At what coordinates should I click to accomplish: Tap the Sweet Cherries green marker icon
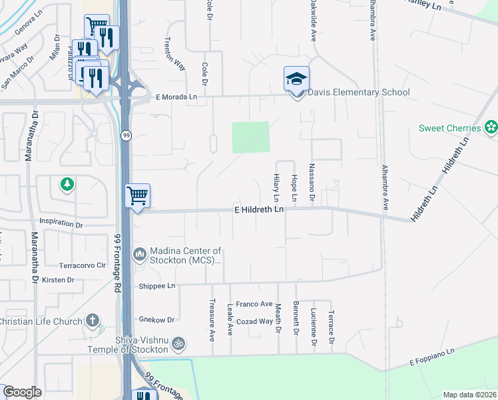coord(491,127)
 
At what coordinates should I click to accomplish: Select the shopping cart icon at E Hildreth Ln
coord(137,196)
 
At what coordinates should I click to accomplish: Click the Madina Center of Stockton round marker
coord(140,253)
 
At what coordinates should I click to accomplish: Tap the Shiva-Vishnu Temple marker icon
coord(178,343)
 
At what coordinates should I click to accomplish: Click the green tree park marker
coord(67,184)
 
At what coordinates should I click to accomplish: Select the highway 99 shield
coord(125,135)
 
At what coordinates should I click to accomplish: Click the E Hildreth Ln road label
coord(259,209)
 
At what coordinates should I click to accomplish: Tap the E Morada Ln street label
coord(176,97)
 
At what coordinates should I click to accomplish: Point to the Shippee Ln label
coord(156,286)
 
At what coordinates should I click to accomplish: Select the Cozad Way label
coord(254,321)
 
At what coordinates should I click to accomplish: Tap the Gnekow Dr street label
coord(156,320)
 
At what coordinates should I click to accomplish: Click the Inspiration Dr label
coord(61,225)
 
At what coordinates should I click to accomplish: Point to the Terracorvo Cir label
coord(83,265)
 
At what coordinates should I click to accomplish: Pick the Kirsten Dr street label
coord(58,280)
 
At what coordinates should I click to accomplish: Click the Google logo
coord(22,392)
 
